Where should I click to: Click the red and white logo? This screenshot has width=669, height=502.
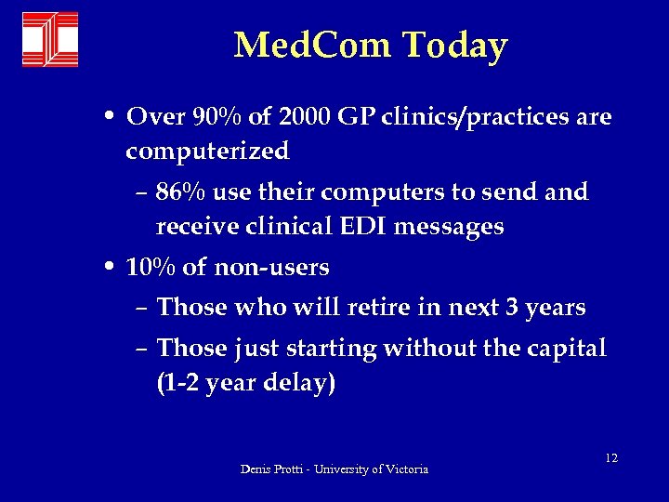(x=50, y=39)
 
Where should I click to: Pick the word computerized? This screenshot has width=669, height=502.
(x=207, y=150)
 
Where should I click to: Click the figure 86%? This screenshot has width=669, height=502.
(x=182, y=192)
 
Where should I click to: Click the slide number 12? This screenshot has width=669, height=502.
(x=610, y=458)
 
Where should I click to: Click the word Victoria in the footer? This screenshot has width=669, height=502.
(x=407, y=469)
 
